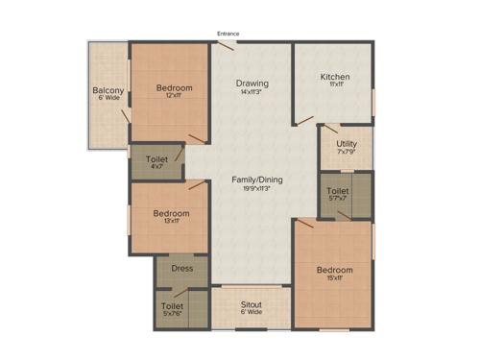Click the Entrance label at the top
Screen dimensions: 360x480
228,34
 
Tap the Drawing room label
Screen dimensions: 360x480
252,84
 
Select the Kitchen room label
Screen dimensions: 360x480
334,77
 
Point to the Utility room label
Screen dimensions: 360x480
347,144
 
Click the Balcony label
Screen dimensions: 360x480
107,91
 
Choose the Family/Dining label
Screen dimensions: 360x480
254,180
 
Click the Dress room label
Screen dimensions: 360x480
181,269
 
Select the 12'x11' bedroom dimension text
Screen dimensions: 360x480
175,97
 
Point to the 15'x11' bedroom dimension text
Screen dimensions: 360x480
335,279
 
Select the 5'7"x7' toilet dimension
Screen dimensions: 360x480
337,199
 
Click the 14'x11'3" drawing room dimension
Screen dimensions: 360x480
252,92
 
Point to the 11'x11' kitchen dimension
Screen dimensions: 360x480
334,85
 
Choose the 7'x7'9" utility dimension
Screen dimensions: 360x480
347,153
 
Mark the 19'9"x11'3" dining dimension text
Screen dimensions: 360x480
254,188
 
